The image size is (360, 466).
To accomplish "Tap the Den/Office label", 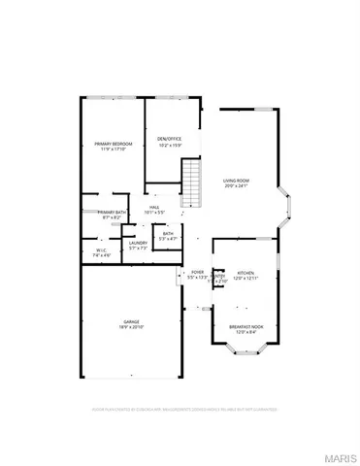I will (170, 139).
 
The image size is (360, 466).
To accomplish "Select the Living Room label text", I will (236, 181).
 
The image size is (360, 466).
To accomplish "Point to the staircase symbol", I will (192, 183).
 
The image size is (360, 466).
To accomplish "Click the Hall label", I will (154, 207).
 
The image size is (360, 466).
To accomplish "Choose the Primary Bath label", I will (112, 213).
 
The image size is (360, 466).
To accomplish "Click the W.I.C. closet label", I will (100, 250).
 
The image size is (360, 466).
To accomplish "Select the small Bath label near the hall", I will (168, 233).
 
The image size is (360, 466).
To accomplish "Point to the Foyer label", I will (197, 273).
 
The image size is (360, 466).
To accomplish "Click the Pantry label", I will (219, 277).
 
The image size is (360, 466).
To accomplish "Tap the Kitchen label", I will (245, 274).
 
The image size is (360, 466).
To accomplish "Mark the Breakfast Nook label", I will (245, 327).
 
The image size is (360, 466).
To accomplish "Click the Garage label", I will (131, 321).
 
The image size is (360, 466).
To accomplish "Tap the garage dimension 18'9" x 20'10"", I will (131, 327).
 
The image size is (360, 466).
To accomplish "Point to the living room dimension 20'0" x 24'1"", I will (236, 186).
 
